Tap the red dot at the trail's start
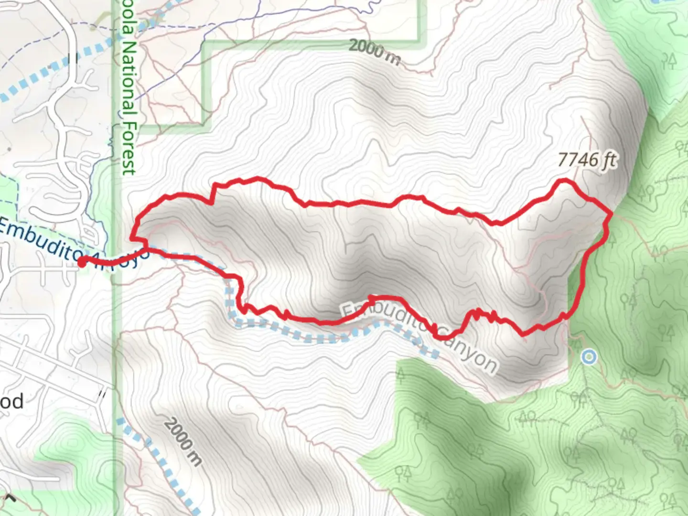click(x=82, y=261)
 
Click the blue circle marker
click(x=589, y=357)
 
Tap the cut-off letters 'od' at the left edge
click(x=11, y=401)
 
